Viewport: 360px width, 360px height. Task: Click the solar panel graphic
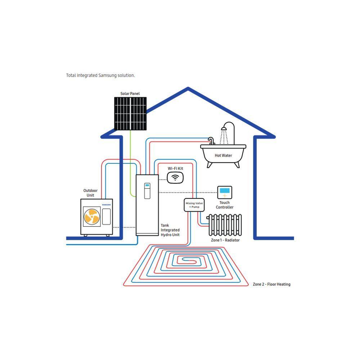point(130,113)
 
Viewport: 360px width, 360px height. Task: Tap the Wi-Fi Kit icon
point(175,177)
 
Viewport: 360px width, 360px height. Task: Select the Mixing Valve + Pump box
point(194,205)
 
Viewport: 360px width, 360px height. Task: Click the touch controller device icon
point(225,192)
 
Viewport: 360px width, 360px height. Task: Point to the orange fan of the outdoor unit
point(92,216)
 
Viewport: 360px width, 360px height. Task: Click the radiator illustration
point(225,225)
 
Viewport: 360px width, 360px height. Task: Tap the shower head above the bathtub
point(224,129)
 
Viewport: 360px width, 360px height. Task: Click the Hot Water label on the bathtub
point(223,156)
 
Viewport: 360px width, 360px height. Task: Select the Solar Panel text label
point(130,94)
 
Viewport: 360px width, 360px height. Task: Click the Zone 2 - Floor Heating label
point(271,284)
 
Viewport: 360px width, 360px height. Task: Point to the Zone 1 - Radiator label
point(225,240)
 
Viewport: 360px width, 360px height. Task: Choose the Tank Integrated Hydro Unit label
point(170,230)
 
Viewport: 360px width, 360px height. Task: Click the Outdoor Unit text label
point(90,193)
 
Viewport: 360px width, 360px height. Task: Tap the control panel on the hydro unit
point(147,191)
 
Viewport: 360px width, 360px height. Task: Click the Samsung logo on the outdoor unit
point(106,204)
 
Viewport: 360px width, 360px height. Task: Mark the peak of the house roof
point(188,88)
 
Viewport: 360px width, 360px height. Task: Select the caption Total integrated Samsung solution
point(100,75)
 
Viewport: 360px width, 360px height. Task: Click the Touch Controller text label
point(225,205)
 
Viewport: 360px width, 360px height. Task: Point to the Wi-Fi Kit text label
point(175,168)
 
